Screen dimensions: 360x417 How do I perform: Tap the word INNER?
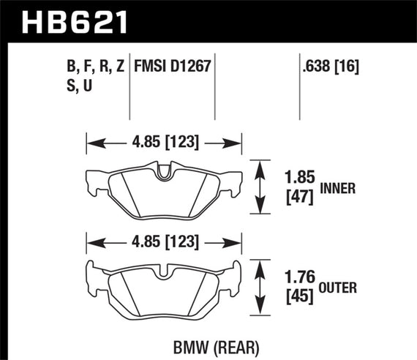(x=337, y=187)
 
